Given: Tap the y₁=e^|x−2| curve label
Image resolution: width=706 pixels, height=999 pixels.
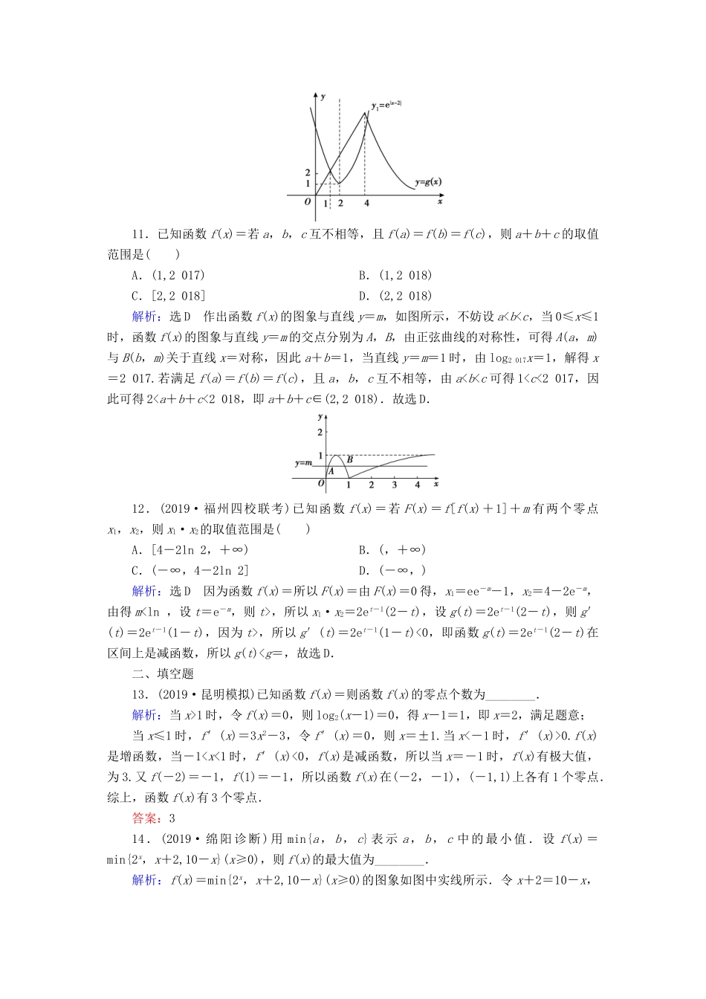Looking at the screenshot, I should tap(386, 106).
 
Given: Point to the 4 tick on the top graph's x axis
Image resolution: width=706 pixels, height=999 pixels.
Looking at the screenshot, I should tap(366, 203).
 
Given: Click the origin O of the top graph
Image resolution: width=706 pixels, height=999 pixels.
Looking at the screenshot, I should tap(308, 201).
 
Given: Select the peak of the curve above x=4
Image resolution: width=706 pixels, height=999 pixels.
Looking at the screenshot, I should tap(365, 112).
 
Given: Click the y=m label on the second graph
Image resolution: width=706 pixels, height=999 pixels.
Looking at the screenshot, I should tap(305, 462).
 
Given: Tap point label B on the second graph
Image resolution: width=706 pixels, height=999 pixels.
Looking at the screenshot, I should tap(349, 460).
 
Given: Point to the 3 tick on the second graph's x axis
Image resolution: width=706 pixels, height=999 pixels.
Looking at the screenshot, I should tap(394, 485).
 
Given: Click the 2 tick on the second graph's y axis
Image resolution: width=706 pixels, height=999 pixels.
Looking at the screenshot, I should tap(320, 432).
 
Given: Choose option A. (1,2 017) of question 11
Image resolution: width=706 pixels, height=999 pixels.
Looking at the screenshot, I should tap(168, 275).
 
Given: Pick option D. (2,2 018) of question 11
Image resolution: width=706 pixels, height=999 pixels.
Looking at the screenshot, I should tap(395, 296).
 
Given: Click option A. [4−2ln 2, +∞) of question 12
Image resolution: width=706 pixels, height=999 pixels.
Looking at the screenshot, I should tap(190, 550).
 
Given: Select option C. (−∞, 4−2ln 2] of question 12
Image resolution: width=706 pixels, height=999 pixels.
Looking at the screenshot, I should tap(190, 571).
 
